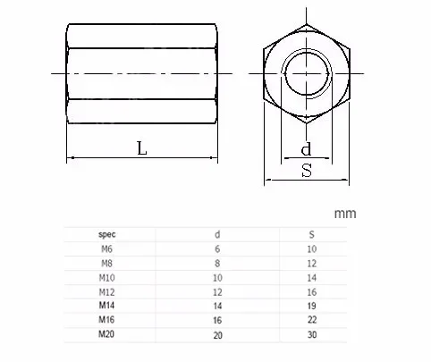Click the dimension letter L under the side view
point(142,148)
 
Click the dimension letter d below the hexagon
point(306,148)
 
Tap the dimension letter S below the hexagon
point(307,170)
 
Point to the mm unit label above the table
point(345,214)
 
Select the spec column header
point(106,234)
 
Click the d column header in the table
point(217,234)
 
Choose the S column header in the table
point(311,234)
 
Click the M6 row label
point(106,248)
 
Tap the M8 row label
point(106,264)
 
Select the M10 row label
point(106,278)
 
